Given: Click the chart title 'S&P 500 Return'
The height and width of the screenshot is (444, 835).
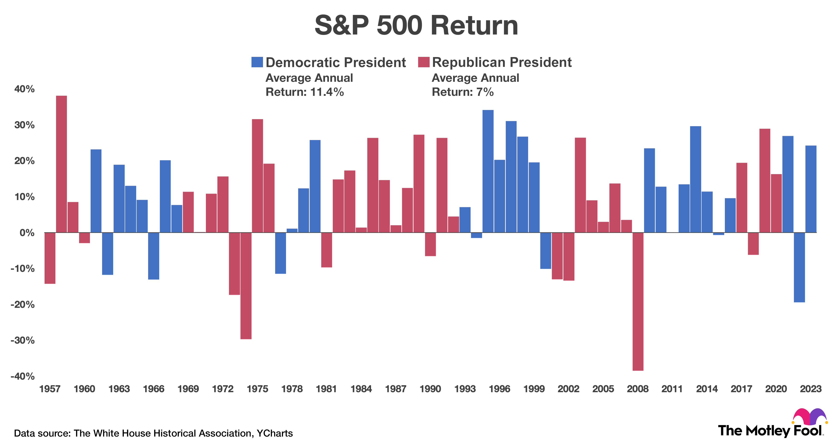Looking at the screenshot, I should pyautogui.click(x=416, y=26).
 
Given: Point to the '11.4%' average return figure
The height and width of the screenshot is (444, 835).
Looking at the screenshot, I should pyautogui.click(x=327, y=92).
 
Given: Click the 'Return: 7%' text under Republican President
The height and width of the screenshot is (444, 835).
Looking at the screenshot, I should pyautogui.click(x=462, y=92).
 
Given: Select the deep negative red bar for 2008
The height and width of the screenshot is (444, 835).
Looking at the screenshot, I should pyautogui.click(x=638, y=301).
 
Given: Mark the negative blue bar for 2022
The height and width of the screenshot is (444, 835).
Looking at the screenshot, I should pyautogui.click(x=799, y=267).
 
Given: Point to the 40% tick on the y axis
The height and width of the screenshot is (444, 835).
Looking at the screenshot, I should pyautogui.click(x=24, y=89).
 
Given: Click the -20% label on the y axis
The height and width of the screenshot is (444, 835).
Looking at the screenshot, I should pyautogui.click(x=23, y=305).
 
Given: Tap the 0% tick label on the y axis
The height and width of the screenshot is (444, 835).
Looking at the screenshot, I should pyautogui.click(x=27, y=233).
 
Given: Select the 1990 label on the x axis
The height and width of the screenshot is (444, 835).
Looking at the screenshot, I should pyautogui.click(x=430, y=389).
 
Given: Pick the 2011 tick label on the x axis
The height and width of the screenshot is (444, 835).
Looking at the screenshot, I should pyautogui.click(x=672, y=389).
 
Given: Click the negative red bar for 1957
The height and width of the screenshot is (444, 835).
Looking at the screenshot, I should pyautogui.click(x=50, y=258).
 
